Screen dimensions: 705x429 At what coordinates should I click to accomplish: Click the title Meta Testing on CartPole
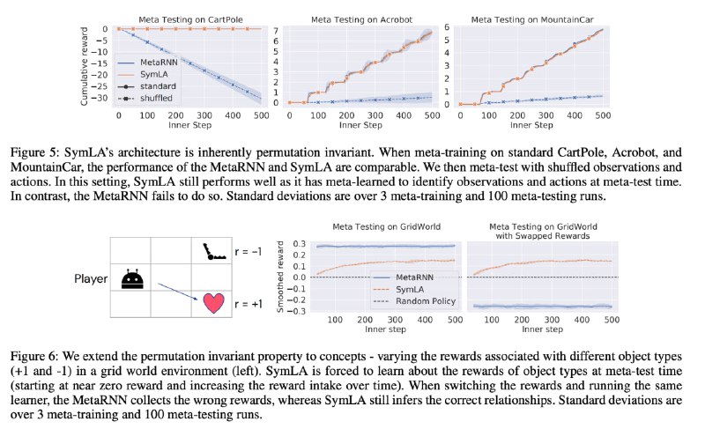190,19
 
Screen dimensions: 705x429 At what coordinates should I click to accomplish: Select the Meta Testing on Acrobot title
361,19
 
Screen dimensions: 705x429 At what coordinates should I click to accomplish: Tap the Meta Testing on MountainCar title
532,19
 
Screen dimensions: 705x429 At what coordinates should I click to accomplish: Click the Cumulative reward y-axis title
84,66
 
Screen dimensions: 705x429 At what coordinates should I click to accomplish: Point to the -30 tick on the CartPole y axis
100,98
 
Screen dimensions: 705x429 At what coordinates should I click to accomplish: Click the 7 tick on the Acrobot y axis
276,31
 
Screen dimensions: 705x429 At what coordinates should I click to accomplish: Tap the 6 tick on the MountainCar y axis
447,27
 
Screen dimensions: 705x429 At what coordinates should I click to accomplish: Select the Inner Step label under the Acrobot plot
360,125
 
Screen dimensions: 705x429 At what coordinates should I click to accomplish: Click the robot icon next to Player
133,279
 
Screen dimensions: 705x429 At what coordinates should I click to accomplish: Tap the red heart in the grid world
213,303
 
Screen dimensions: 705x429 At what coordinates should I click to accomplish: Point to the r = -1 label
248,252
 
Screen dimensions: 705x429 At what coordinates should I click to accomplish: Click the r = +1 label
249,304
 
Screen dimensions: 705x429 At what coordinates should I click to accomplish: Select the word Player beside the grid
91,279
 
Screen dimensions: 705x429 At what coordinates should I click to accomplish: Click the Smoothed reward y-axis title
280,277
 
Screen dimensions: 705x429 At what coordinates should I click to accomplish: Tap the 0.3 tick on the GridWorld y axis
300,244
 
